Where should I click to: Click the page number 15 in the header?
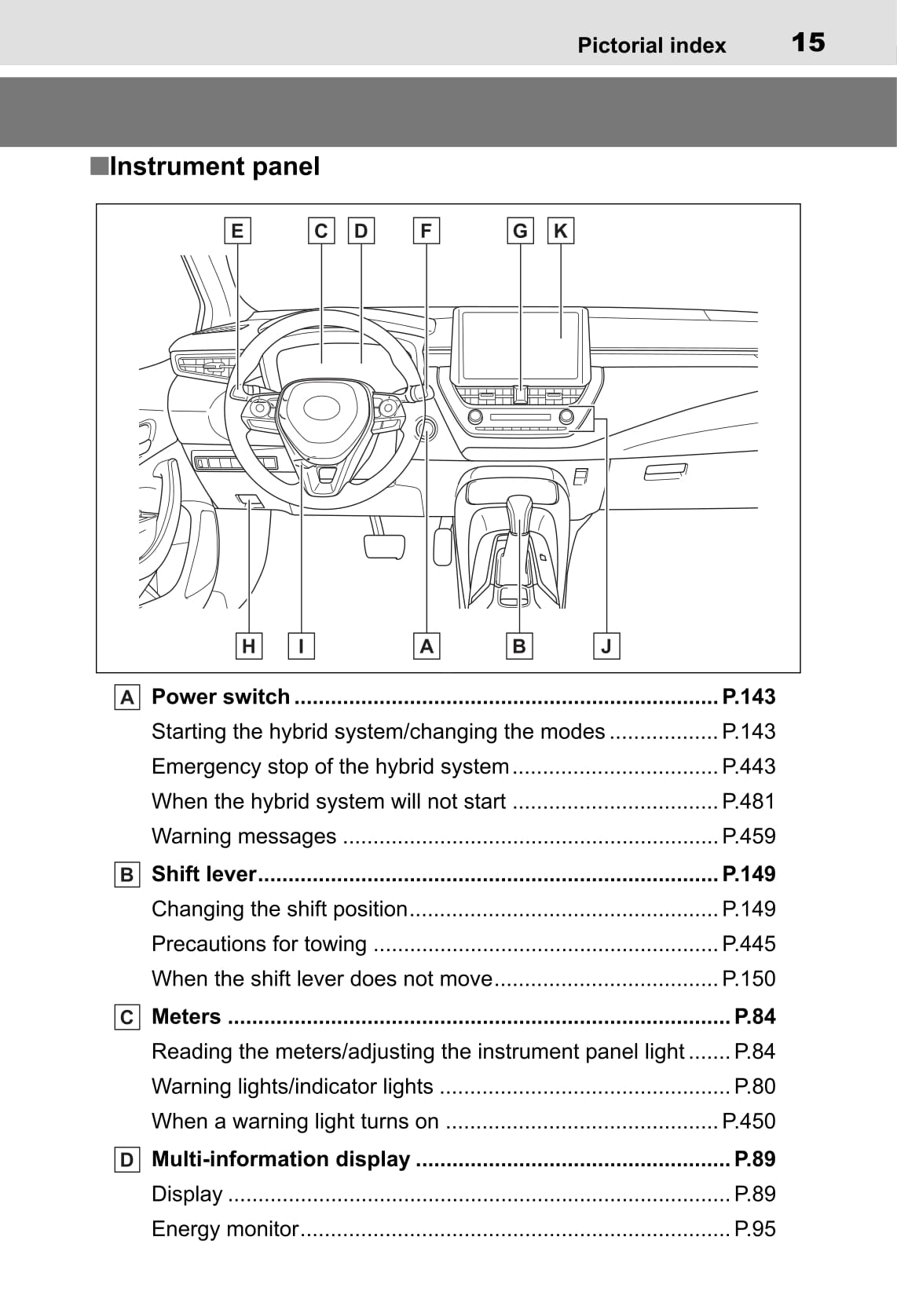(x=807, y=42)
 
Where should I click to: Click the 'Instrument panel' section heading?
(x=214, y=166)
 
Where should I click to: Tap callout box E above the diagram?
(x=236, y=231)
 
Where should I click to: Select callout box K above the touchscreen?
(x=560, y=231)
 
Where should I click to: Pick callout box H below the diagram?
(x=249, y=646)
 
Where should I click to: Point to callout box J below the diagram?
(x=606, y=646)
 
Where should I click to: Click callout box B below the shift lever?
(x=518, y=646)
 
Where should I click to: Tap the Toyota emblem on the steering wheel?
(x=321, y=407)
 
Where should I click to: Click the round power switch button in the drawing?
(x=427, y=428)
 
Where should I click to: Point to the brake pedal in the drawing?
(x=384, y=546)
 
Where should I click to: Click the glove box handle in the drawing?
(x=665, y=472)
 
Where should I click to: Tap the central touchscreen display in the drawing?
(x=521, y=346)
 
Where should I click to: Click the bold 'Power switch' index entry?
(x=221, y=697)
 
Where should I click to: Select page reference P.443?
(x=749, y=767)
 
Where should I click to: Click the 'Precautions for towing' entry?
(x=259, y=944)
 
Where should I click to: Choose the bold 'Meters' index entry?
(x=186, y=1016)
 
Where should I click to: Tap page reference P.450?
(x=749, y=1122)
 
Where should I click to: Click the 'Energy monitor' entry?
(x=225, y=1229)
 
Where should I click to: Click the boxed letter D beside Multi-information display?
(x=126, y=1160)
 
